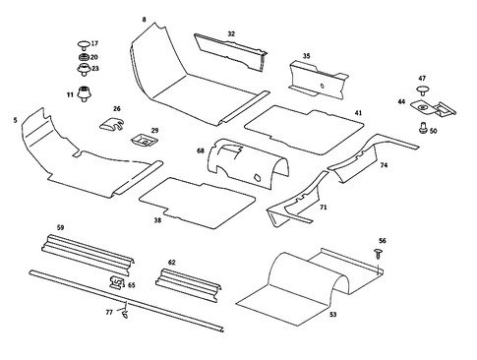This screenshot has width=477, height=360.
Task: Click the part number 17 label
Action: [x=94, y=44]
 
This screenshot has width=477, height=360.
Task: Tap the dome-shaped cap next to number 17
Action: [x=83, y=44]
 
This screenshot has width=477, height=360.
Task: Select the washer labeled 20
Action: [x=83, y=57]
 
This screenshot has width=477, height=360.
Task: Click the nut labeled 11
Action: [x=85, y=94]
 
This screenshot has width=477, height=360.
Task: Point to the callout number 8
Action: [x=145, y=20]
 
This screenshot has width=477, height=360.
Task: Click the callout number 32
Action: [x=231, y=34]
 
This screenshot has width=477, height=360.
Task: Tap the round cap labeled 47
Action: [x=422, y=90]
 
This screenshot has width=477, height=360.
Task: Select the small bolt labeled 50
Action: [x=422, y=126]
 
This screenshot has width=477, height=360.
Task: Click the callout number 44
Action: [x=401, y=101]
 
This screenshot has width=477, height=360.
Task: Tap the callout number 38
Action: [x=157, y=221]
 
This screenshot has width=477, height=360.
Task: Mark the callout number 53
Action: [x=332, y=314]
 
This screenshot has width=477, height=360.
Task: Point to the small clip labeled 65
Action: [x=117, y=283]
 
